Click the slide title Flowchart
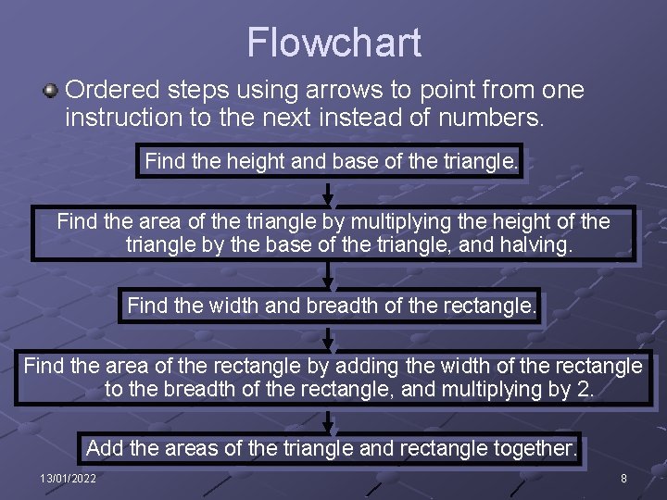[333, 43]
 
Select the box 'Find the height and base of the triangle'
[332, 162]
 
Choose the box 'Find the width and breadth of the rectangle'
[331, 305]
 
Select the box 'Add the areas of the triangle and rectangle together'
[332, 448]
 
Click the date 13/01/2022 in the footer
[68, 478]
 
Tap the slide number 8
[623, 478]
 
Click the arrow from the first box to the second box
[328, 194]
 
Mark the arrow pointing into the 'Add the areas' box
[328, 420]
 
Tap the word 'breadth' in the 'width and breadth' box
[350, 305]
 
